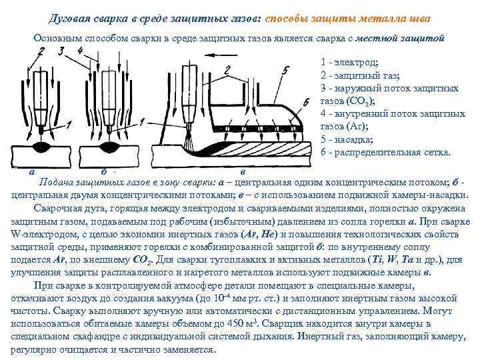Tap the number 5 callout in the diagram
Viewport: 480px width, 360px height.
[x=285, y=69]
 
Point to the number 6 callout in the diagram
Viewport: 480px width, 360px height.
[x=305, y=101]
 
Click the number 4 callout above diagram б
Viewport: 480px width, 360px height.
[x=80, y=51]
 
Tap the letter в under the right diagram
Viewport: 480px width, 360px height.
[x=242, y=171]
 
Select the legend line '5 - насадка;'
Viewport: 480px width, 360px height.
[x=347, y=139]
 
